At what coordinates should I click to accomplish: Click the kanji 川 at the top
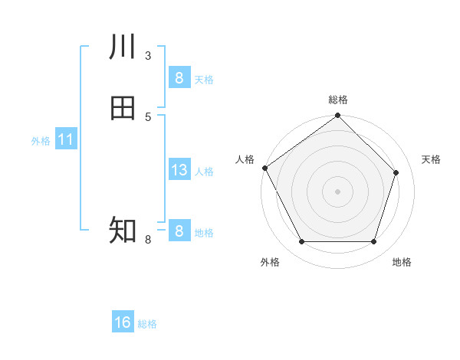coord(123,47)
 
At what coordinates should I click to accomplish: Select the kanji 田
coord(123,108)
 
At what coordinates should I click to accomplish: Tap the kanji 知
coord(123,230)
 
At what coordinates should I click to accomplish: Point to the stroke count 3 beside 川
coord(147,56)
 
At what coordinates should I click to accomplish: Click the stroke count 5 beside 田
coord(147,116)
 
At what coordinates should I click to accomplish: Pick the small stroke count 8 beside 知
coord(147,240)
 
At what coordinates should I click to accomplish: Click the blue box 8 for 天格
coord(179,78)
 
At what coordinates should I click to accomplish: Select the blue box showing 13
coord(179,170)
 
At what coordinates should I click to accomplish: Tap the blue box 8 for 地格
coord(179,231)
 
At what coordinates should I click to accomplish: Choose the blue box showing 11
coord(65,140)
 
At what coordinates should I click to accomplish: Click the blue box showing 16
coord(123,322)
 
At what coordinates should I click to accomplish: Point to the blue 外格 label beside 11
coord(41,141)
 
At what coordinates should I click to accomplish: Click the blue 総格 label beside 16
coord(147,324)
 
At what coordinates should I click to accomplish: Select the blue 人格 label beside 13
coord(205,172)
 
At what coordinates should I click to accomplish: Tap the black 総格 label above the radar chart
coord(338,100)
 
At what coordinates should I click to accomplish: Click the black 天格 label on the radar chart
coord(431,159)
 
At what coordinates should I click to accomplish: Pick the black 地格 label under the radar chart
coord(402,262)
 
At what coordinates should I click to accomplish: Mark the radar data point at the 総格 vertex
coord(337,116)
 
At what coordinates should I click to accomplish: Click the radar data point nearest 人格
coord(264,168)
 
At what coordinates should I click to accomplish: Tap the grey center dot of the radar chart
coord(337,191)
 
